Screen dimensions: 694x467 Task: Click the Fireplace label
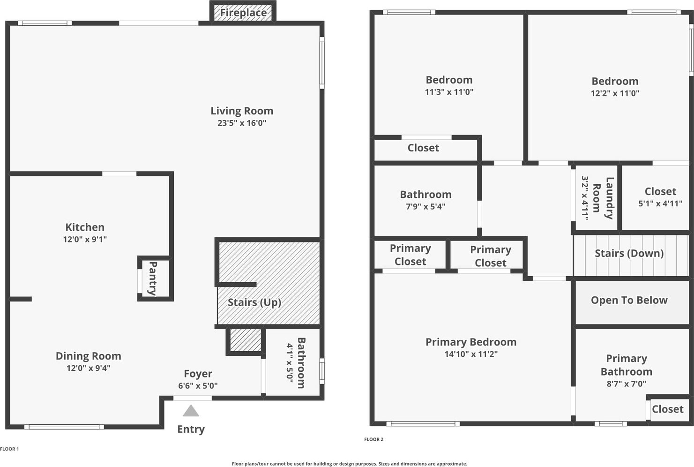[x=243, y=13]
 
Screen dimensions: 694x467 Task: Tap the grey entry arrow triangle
[x=191, y=411]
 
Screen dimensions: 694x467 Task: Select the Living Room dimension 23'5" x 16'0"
[x=242, y=123]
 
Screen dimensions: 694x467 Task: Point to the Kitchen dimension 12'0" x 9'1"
[x=85, y=239]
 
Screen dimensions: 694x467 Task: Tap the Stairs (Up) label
[x=254, y=302]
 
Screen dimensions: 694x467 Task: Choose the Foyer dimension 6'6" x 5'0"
[x=198, y=386]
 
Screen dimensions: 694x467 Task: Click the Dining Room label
[x=88, y=356]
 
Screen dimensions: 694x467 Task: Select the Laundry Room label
[x=603, y=198]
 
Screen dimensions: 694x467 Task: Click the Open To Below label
[x=629, y=300]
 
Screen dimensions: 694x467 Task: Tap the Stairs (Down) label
[x=629, y=253]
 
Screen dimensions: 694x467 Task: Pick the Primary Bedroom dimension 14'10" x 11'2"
[x=471, y=354]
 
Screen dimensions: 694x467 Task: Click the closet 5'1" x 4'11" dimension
[x=660, y=203]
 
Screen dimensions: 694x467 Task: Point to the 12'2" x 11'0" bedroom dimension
[x=615, y=93]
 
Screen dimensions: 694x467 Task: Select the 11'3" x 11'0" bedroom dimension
[x=449, y=92]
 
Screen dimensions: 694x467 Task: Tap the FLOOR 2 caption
[x=373, y=439]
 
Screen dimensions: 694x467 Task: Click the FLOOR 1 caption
[x=9, y=449]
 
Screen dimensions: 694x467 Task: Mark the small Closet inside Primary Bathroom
[x=667, y=409]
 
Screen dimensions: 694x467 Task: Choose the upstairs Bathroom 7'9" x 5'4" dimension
[x=425, y=206]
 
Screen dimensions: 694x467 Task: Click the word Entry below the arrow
[x=191, y=429]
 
